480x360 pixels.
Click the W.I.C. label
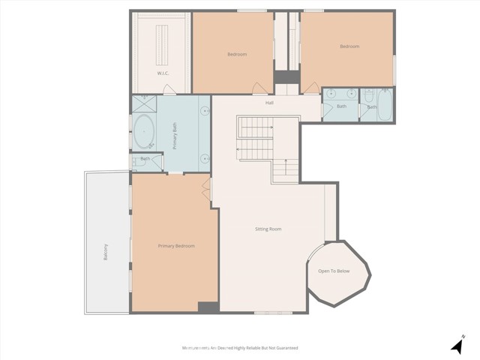tap(163, 73)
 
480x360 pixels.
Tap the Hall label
tap(269, 103)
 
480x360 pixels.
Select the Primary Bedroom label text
tap(176, 246)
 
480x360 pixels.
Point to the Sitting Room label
tap(268, 229)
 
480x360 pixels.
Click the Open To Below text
tap(334, 271)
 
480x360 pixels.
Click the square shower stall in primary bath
tap(142, 104)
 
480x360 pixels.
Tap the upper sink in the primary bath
tap(204, 111)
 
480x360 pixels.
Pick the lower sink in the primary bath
tap(204, 159)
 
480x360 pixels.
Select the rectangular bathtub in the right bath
tap(384, 106)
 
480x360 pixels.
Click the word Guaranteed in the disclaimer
tap(284, 348)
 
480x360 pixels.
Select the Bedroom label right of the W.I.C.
tap(237, 54)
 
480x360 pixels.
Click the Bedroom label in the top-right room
tap(349, 46)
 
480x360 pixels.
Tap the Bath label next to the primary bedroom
tap(145, 158)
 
